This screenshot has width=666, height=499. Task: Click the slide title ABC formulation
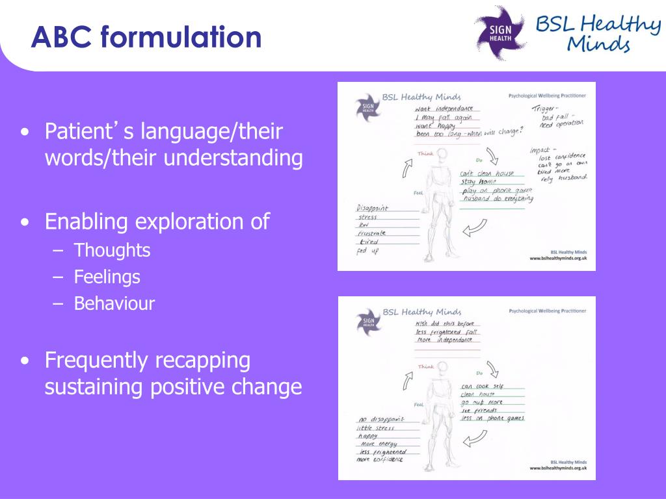point(146,37)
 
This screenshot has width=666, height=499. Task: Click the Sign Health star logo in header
point(501,32)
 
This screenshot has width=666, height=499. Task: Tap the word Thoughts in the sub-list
point(112,250)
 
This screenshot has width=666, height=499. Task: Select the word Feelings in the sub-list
point(107,277)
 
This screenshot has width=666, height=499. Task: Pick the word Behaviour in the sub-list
point(114,303)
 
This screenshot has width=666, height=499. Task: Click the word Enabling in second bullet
point(87,222)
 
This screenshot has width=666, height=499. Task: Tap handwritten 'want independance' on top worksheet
point(444,108)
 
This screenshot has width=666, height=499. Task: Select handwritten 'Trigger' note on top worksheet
point(545,109)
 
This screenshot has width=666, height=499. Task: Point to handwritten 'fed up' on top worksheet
point(367,251)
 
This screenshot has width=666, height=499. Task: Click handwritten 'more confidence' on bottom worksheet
point(379,459)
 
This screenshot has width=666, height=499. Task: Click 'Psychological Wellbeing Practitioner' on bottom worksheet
point(547,311)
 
